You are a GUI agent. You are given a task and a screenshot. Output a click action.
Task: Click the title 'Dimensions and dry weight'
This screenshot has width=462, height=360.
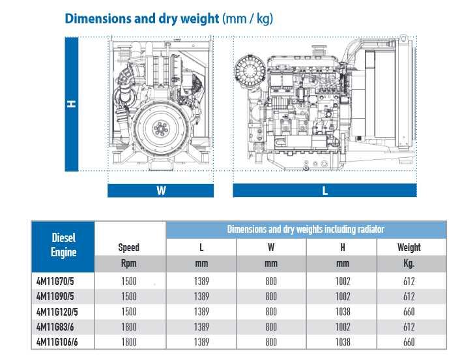(141, 18)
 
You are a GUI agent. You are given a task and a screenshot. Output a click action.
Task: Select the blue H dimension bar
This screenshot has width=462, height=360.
(72, 104)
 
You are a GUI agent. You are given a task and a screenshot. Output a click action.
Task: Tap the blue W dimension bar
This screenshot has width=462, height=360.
(160, 190)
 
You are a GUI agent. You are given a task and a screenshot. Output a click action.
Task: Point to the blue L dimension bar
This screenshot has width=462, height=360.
(325, 190)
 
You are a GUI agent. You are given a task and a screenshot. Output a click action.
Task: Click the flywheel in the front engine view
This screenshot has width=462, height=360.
(161, 128)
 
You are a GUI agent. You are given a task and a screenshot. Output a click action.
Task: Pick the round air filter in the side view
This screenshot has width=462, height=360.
(250, 70)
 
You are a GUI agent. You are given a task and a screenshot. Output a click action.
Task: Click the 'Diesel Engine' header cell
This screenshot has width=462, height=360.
(63, 247)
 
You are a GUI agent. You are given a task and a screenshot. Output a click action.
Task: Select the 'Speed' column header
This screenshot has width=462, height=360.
(129, 247)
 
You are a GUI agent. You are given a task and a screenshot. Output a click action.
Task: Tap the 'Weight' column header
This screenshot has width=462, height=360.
(409, 247)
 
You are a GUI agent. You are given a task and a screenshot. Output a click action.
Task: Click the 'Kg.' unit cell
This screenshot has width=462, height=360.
(409, 263)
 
